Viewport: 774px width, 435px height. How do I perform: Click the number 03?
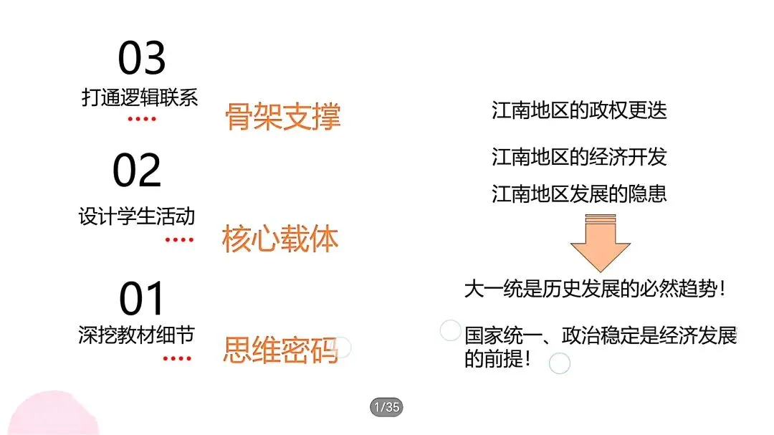[142, 58]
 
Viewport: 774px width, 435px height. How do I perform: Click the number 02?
[137, 171]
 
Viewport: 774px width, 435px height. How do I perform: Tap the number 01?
[142, 299]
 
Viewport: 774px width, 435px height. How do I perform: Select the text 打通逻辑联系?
[140, 97]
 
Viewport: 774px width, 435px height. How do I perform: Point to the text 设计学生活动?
[137, 216]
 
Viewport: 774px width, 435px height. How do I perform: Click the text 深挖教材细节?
[136, 335]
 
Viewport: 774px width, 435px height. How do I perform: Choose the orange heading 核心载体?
[280, 240]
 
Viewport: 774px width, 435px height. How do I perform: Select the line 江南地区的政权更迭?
[579, 110]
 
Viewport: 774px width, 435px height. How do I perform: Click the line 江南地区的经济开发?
[579, 156]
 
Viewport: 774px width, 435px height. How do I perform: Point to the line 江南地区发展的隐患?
[579, 193]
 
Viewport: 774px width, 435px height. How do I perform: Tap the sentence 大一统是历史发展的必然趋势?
[596, 290]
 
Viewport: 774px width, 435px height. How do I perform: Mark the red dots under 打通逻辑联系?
[141, 118]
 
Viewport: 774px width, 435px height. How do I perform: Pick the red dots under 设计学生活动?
[178, 239]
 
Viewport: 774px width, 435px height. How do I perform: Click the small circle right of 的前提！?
[559, 363]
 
